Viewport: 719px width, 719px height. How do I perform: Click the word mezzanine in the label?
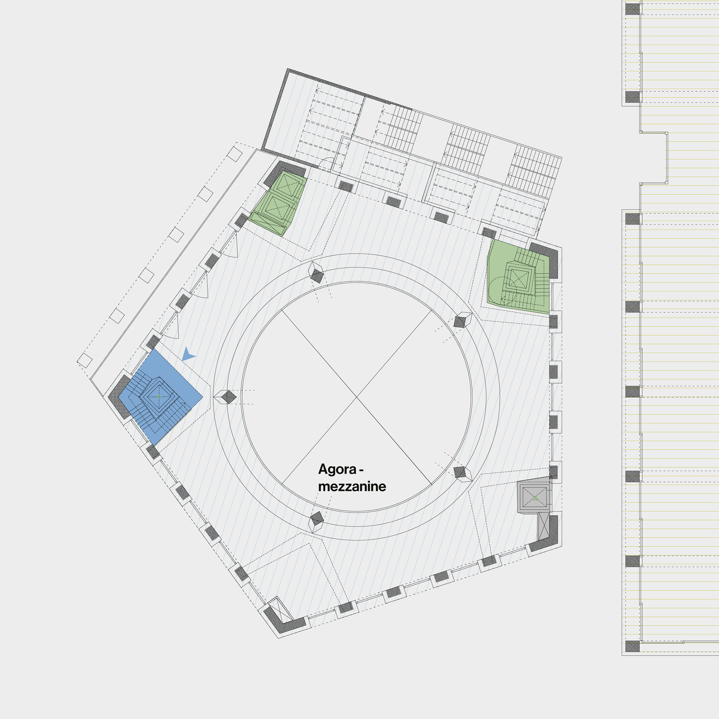tap(352, 487)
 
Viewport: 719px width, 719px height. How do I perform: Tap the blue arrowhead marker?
tap(188, 354)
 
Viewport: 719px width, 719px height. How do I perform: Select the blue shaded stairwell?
tap(160, 397)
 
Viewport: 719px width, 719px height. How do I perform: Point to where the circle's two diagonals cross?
tap(357, 397)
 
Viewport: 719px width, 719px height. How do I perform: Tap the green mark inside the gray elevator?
tap(535, 498)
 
